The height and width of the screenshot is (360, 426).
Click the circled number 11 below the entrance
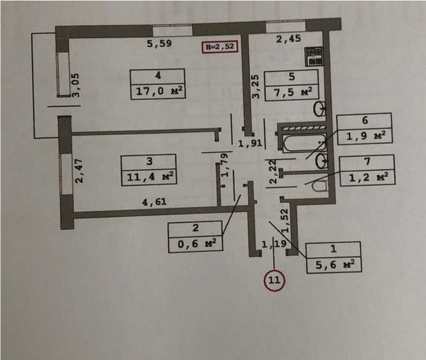tap(274, 280)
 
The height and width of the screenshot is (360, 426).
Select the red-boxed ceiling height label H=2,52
tap(220, 47)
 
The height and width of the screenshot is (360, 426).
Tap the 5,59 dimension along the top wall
tap(159, 43)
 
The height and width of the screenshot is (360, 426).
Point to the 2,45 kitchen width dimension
tap(289, 39)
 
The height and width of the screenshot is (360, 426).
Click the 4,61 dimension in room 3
tap(154, 202)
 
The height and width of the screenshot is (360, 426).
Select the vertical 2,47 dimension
tap(79, 171)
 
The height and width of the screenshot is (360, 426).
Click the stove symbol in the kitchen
tap(314, 57)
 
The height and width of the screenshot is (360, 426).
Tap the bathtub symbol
tap(304, 143)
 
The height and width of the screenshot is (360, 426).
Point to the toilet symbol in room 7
tap(320, 187)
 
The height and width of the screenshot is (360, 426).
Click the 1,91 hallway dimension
tap(250, 143)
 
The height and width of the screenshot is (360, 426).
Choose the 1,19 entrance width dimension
tap(274, 244)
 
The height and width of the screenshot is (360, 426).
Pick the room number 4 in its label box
tap(158, 76)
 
